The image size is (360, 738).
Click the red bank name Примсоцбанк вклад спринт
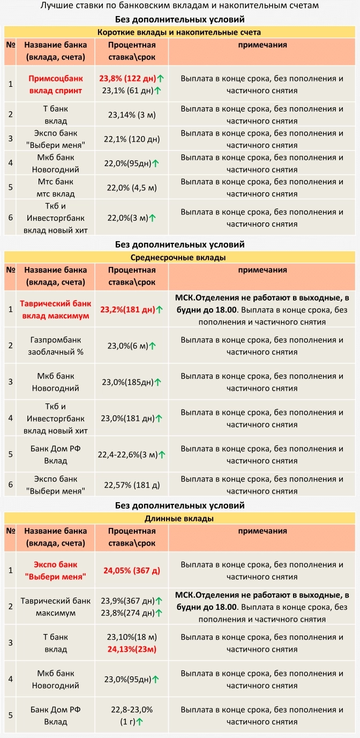pyautogui.click(x=55, y=84)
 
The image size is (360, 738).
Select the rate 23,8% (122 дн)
pyautogui.click(x=127, y=78)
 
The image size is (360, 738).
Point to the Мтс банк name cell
pyautogui.click(x=55, y=187)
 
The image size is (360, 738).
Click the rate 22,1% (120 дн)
pyautogui.click(x=132, y=139)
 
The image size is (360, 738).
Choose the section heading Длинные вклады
pyautogui.click(x=180, y=518)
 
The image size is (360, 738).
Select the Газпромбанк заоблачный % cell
pyautogui.click(x=55, y=346)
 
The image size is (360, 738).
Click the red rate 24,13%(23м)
pyautogui.click(x=132, y=648)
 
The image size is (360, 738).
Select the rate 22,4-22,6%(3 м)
pyautogui.click(x=127, y=454)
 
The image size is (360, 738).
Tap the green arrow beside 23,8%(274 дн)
pyautogui.click(x=159, y=613)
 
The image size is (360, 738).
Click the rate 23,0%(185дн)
pyautogui.click(x=127, y=382)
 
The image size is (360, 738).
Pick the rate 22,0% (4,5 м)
pyautogui.click(x=132, y=187)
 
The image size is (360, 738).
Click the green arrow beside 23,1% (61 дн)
pyautogui.click(x=158, y=91)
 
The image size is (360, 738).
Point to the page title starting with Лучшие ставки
pyautogui.click(x=180, y=6)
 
